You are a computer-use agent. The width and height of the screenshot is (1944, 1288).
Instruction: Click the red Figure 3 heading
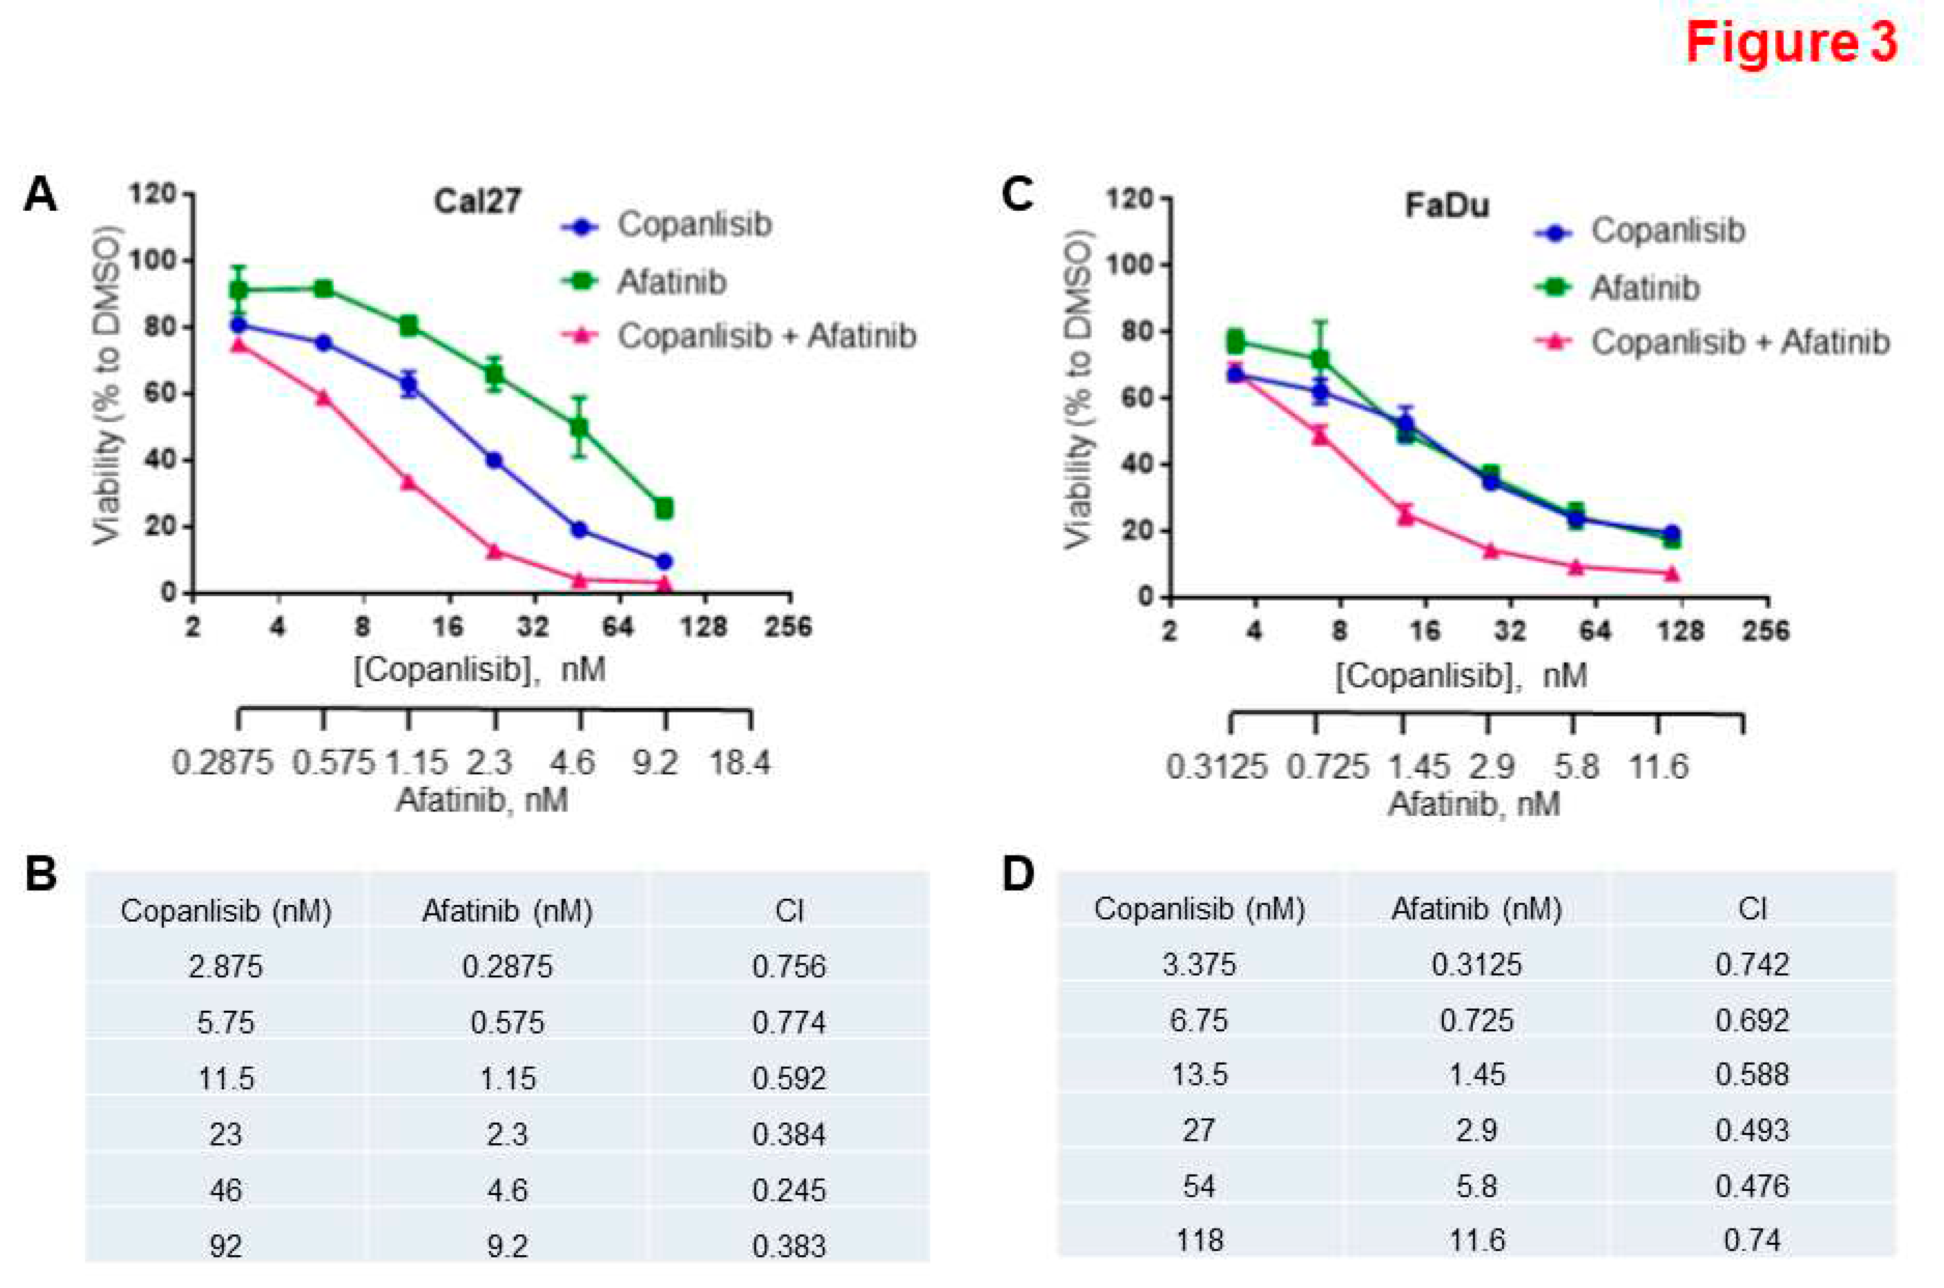pyautogui.click(x=1791, y=43)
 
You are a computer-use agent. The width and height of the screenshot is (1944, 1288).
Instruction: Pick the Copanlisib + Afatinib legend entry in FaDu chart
pyautogui.click(x=1739, y=342)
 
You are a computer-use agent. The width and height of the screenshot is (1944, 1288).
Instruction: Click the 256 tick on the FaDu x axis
pyautogui.click(x=1766, y=631)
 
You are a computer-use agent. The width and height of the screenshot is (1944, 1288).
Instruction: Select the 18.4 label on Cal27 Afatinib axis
pyautogui.click(x=739, y=763)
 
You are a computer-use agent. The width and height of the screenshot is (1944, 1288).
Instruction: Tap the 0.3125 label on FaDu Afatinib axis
pyautogui.click(x=1216, y=767)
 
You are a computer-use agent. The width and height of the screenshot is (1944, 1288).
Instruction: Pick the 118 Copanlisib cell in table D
pyautogui.click(x=1199, y=1239)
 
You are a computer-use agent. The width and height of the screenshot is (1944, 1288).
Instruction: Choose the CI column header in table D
pyautogui.click(x=1752, y=909)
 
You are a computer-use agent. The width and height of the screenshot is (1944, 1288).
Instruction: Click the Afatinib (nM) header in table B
pyautogui.click(x=507, y=911)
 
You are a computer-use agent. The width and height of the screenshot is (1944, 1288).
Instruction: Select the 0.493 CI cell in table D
pyautogui.click(x=1752, y=1130)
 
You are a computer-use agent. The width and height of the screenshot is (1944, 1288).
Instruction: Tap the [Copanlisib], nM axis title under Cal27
pyautogui.click(x=480, y=669)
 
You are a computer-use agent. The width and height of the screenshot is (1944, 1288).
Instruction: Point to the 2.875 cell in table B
pyautogui.click(x=226, y=966)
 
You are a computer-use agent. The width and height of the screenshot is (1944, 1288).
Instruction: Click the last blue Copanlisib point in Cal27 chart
pyautogui.click(x=664, y=562)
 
